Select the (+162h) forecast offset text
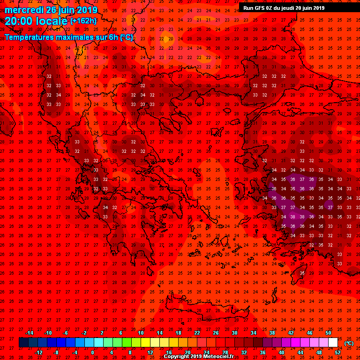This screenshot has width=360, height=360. pyautogui.click(x=83, y=21)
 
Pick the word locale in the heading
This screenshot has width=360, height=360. pyautogui.click(x=51, y=21)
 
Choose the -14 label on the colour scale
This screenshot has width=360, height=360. pyautogui.click(x=29, y=333)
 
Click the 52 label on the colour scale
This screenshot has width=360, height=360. pyautogui.click(x=337, y=352)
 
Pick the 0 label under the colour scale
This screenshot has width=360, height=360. pyautogui.click(x=92, y=352)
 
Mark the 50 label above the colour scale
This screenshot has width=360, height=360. pyautogui.click(x=328, y=333)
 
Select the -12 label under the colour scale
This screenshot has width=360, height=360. pyautogui.click(x=38, y=352)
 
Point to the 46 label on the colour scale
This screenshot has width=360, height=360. pyautogui.click(x=309, y=333)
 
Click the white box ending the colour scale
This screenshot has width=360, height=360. pyautogui.click(x=333, y=343)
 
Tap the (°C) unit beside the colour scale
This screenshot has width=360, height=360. pyautogui.click(x=349, y=343)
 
